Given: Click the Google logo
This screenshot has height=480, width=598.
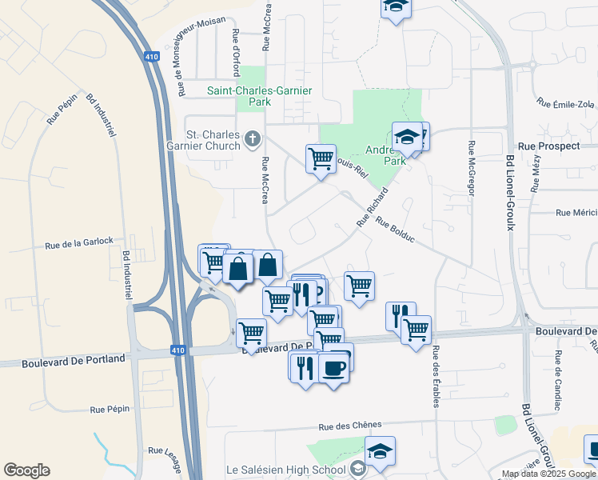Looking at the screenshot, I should click(26, 470).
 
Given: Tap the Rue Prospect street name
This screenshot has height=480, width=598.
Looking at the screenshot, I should click(548, 146).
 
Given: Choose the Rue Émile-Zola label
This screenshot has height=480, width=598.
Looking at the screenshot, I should click(566, 104).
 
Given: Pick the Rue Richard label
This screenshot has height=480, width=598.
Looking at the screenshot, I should click(373, 207).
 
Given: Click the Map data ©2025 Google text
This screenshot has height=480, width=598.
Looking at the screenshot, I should click(549, 474).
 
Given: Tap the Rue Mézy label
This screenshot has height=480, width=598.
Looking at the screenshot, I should click(535, 177).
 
